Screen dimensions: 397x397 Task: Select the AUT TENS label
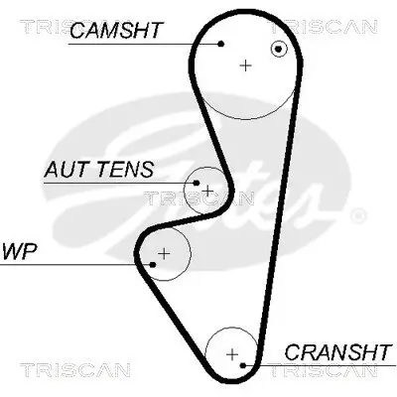click(x=98, y=170)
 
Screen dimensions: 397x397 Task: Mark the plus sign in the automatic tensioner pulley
click(x=208, y=189)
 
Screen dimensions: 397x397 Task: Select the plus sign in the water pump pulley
click(x=165, y=253)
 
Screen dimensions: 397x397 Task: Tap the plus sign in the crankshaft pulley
click(x=232, y=353)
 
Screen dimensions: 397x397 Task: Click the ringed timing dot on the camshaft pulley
click(x=281, y=48)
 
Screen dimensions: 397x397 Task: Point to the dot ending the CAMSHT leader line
click(x=222, y=44)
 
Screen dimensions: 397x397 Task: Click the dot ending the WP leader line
click(x=154, y=264)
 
